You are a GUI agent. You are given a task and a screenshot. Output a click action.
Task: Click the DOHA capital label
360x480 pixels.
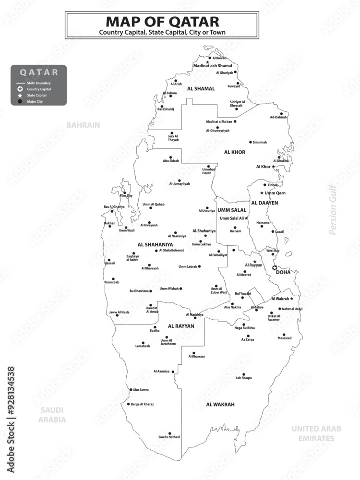[283, 272]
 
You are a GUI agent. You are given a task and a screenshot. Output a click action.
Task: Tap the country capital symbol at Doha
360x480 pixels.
[275, 268]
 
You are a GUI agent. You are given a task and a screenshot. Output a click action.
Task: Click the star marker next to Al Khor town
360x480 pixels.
[274, 167]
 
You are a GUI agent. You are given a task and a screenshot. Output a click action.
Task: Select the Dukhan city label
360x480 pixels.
[109, 223]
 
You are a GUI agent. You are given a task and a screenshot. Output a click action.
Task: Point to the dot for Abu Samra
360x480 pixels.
[131, 390]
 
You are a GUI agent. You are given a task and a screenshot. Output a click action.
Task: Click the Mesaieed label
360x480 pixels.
[284, 338]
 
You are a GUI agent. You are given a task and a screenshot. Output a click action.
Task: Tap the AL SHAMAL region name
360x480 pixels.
[201, 89]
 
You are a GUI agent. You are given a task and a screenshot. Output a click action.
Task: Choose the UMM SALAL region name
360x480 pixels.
[232, 210]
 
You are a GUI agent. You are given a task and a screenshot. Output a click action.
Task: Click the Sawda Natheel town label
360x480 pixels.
[169, 437]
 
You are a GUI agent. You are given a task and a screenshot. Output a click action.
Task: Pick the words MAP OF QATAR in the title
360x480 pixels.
[162, 22]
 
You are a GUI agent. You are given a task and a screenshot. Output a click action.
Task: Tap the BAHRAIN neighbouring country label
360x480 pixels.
[83, 125]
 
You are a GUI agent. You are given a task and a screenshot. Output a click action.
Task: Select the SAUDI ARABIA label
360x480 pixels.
[52, 415]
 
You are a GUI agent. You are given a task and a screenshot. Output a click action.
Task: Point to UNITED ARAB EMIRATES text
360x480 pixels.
[316, 433]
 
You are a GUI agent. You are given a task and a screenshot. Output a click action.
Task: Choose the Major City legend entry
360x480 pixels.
[38, 101]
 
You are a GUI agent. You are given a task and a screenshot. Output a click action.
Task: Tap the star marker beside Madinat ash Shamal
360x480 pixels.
[207, 62]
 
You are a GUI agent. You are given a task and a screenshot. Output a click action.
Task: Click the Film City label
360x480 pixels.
[126, 196]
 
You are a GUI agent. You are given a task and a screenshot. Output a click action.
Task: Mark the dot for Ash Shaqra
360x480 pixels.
[243, 374]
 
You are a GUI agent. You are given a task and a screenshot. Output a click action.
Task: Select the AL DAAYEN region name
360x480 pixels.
[264, 203]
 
